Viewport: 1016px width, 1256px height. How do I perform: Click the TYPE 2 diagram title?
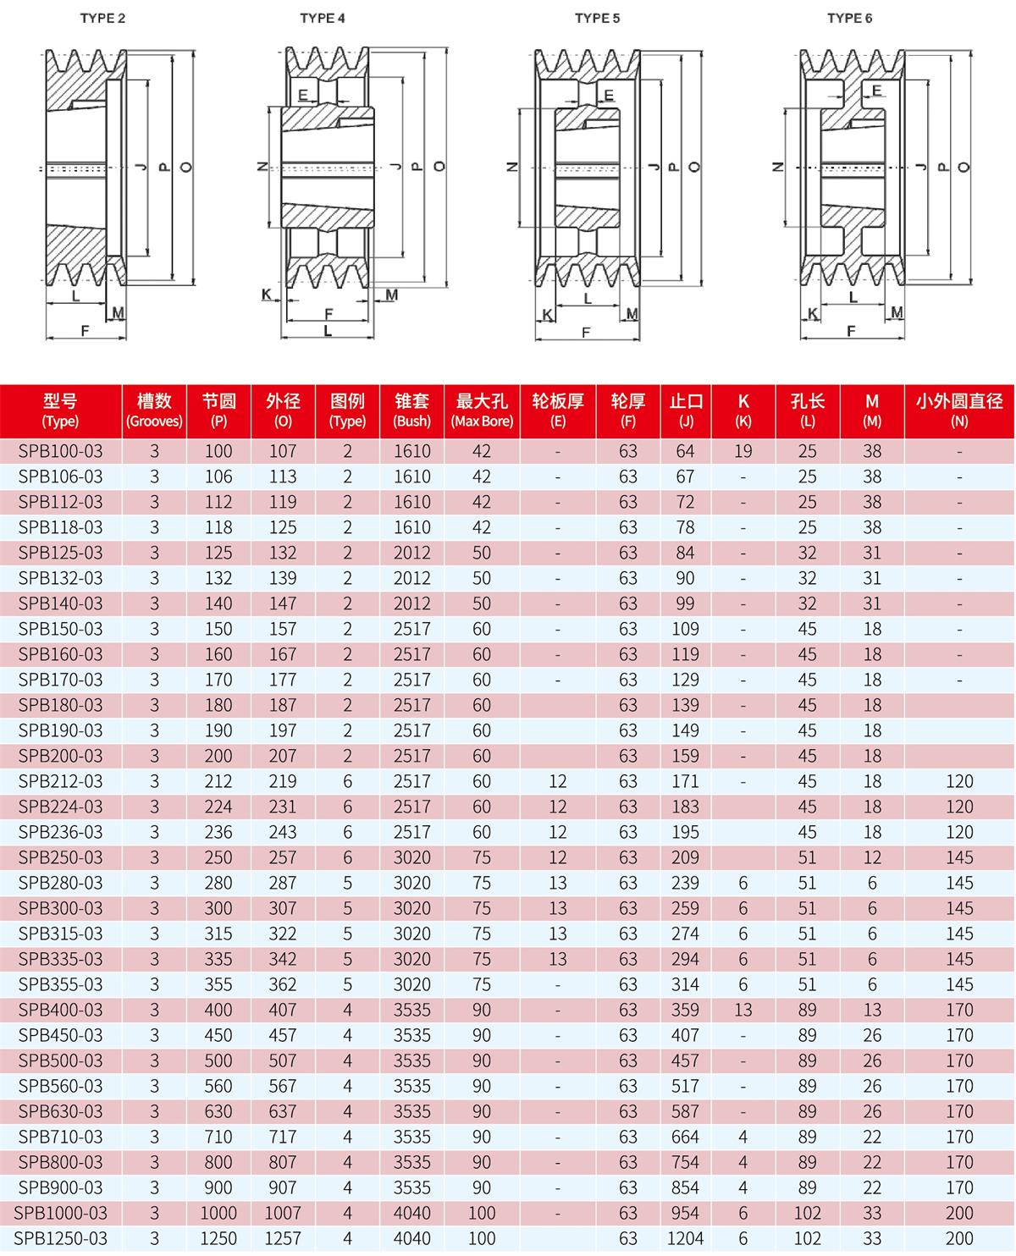click(102, 18)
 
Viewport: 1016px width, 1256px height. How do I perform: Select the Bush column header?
click(411, 410)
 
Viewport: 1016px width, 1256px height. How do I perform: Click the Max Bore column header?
click(482, 410)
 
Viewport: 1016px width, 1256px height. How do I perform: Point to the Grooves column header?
click(154, 410)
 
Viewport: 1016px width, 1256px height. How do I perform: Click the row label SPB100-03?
click(60, 451)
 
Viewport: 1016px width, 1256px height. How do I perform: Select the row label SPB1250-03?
click(60, 1238)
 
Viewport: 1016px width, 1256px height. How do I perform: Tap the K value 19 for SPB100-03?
click(743, 451)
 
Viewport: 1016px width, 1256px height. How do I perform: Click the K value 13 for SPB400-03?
click(743, 1010)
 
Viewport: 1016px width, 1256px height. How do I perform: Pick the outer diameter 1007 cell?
click(283, 1213)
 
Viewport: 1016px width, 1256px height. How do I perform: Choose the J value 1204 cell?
click(686, 1238)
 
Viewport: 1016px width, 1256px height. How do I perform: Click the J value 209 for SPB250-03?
click(686, 857)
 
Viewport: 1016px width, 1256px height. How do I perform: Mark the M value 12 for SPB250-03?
click(872, 857)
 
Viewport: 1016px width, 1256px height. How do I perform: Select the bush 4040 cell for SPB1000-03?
click(411, 1213)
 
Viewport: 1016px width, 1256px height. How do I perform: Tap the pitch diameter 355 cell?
click(218, 984)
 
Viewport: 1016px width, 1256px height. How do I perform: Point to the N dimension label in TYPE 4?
click(262, 167)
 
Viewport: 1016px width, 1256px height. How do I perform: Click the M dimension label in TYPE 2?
click(118, 313)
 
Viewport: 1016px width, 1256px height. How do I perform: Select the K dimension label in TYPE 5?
click(547, 315)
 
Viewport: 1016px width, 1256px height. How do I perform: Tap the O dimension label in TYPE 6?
click(963, 167)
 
